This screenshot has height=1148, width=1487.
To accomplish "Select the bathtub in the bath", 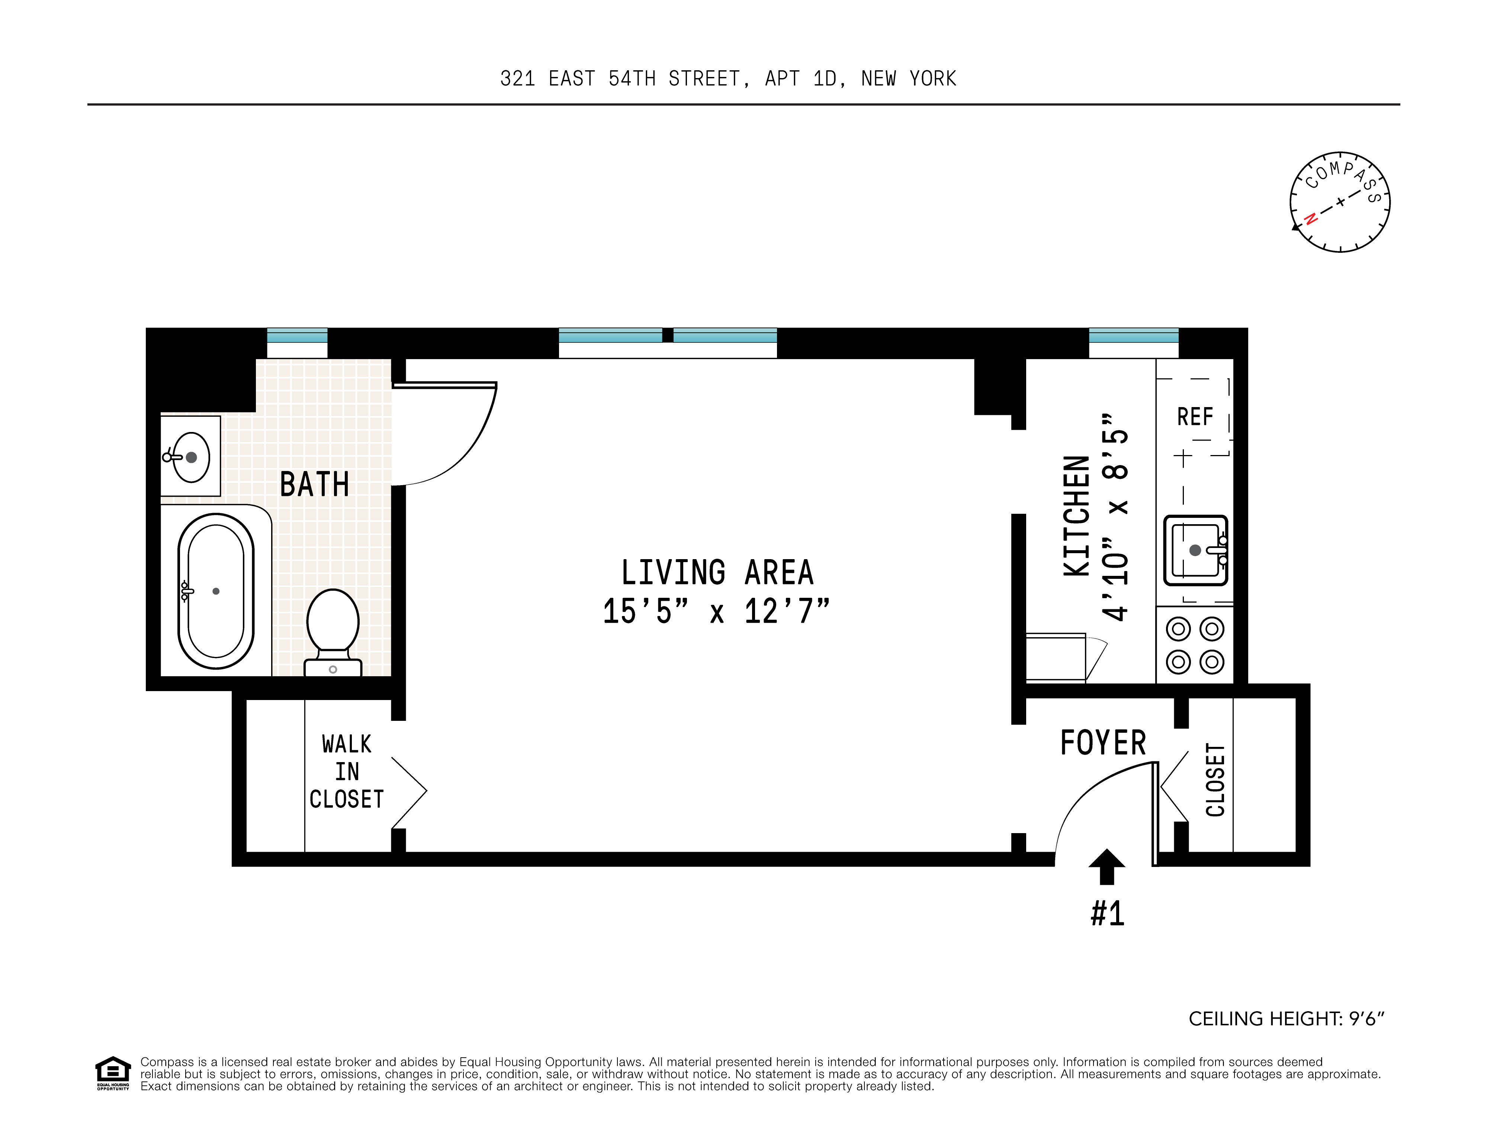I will pyautogui.click(x=216, y=591).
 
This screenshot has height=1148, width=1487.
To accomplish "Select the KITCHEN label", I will pyautogui.click(x=1077, y=516).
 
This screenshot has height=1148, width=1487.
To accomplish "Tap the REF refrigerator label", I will pyautogui.click(x=1195, y=416).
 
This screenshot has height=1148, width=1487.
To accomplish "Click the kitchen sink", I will pyautogui.click(x=1195, y=550).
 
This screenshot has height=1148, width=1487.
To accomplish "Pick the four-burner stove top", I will pyautogui.click(x=1195, y=645).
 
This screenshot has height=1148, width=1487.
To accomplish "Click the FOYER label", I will pyautogui.click(x=1103, y=742).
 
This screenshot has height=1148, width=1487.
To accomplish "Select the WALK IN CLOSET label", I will pyautogui.click(x=347, y=772).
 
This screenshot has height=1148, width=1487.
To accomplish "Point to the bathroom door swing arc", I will pyautogui.click(x=470, y=449).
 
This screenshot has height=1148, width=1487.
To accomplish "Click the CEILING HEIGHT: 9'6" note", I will pyautogui.click(x=1286, y=1019).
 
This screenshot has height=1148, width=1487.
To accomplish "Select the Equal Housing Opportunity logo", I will pyautogui.click(x=112, y=1073).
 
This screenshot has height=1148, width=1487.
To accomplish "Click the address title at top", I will pyautogui.click(x=728, y=79).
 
